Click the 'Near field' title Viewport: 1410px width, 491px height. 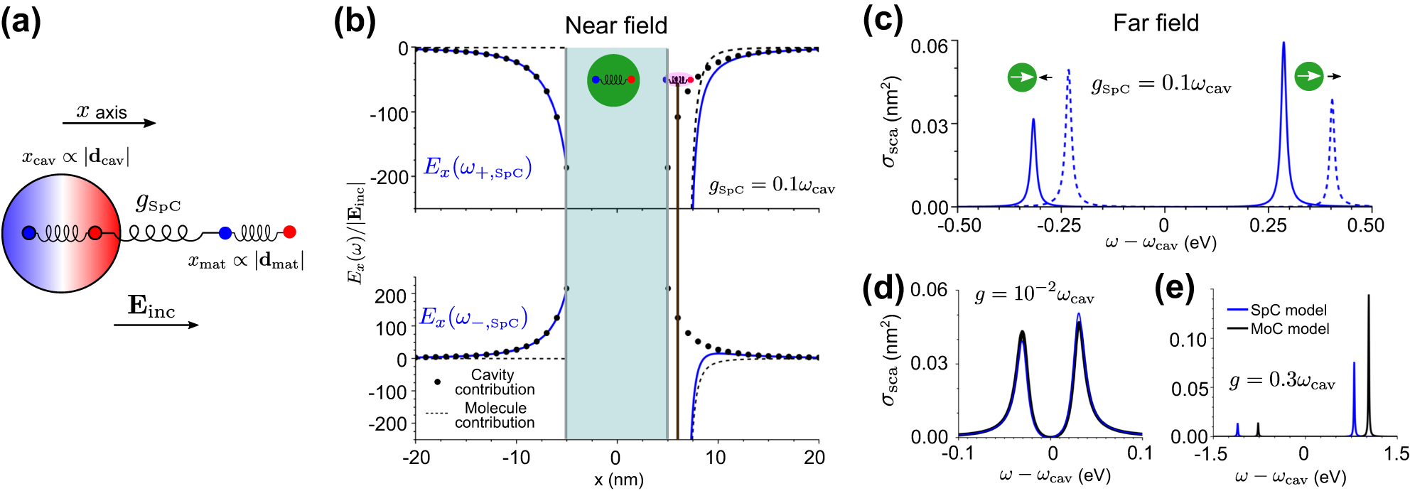[615, 26]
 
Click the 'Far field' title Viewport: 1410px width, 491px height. [1156, 23]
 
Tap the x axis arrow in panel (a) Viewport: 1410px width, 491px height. [109, 123]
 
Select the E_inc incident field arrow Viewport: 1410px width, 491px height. [156, 325]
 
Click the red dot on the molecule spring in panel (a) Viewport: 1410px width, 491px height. [289, 232]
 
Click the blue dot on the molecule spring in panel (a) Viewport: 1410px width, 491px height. [225, 232]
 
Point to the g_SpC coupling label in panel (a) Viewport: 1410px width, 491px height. [158, 203]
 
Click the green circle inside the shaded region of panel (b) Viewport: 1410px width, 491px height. [613, 80]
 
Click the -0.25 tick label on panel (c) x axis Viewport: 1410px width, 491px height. [1059, 225]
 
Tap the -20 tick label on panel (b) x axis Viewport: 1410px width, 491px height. [416, 457]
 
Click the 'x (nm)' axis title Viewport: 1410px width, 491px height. [618, 480]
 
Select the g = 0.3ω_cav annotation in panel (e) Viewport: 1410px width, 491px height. [1281, 381]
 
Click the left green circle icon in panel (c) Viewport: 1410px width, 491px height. [1022, 77]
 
